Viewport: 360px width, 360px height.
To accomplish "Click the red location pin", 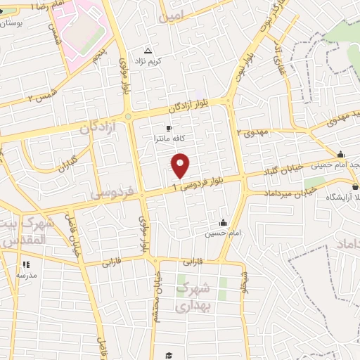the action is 181,165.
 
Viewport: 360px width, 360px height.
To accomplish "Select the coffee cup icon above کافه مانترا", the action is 169,128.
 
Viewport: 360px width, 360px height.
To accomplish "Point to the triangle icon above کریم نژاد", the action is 148,51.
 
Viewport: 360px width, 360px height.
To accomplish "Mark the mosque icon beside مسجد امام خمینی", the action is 341,155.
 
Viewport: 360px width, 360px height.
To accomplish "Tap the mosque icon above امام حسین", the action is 223,222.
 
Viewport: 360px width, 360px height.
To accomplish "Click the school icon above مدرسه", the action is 26,264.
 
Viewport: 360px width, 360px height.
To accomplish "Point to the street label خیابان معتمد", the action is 159,296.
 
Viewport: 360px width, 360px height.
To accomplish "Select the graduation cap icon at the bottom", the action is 169,355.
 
